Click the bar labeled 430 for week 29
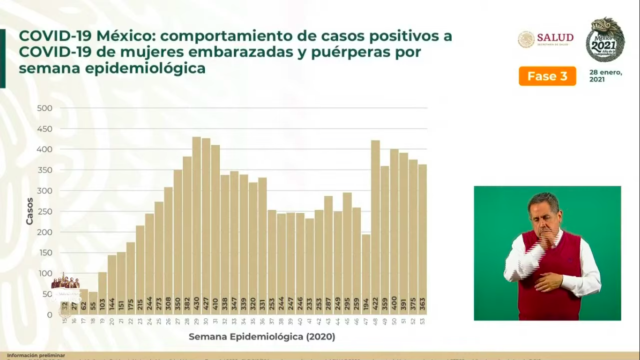pyautogui.click(x=196, y=225)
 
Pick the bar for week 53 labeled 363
pyautogui.click(x=423, y=239)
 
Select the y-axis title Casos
pyautogui.click(x=30, y=211)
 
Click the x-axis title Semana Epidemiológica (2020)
pyautogui.click(x=262, y=337)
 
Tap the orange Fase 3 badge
pyautogui.click(x=547, y=76)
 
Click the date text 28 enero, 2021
pyautogui.click(x=605, y=76)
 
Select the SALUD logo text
pyautogui.click(x=555, y=38)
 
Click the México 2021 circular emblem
pyautogui.click(x=605, y=40)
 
